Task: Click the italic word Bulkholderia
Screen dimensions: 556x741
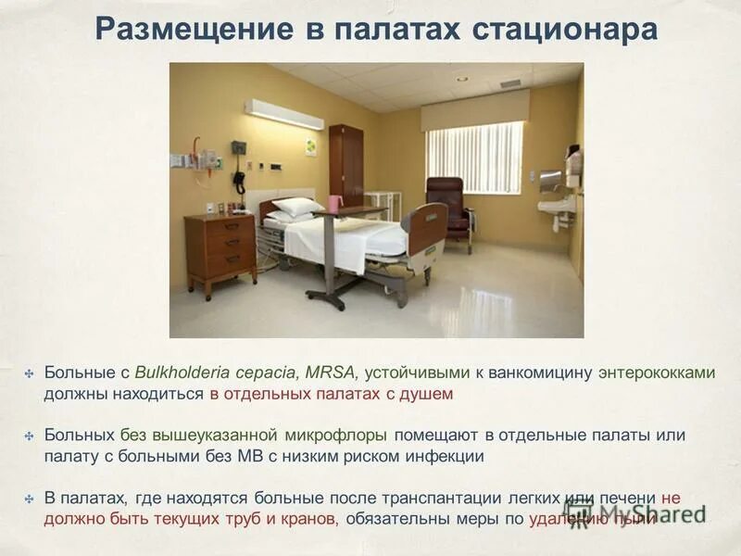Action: pyautogui.click(x=181, y=373)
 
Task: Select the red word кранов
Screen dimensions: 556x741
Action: pyautogui.click(x=309, y=519)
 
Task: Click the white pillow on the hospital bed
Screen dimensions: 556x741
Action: pyautogui.click(x=297, y=207)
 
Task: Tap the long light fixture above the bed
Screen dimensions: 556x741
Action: pyautogui.click(x=283, y=114)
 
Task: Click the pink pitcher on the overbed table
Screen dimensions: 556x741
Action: pyautogui.click(x=334, y=202)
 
